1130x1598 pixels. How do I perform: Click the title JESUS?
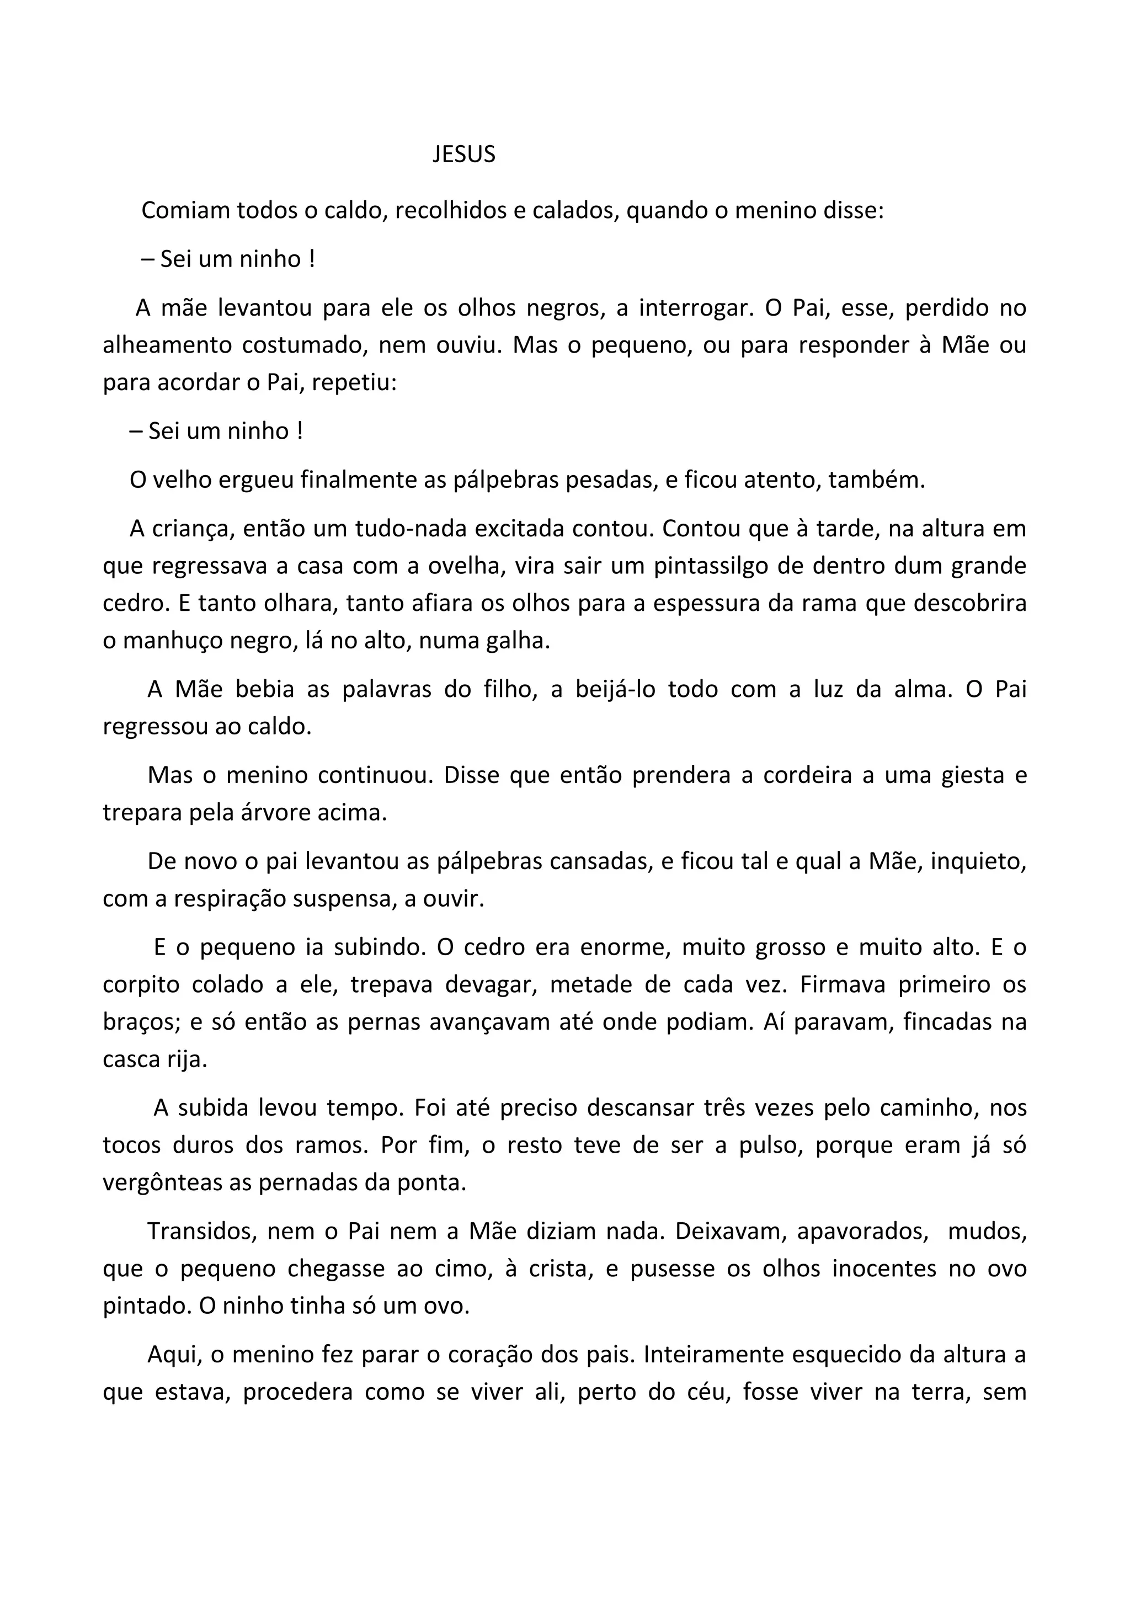(x=463, y=155)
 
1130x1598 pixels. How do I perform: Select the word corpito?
(x=142, y=986)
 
